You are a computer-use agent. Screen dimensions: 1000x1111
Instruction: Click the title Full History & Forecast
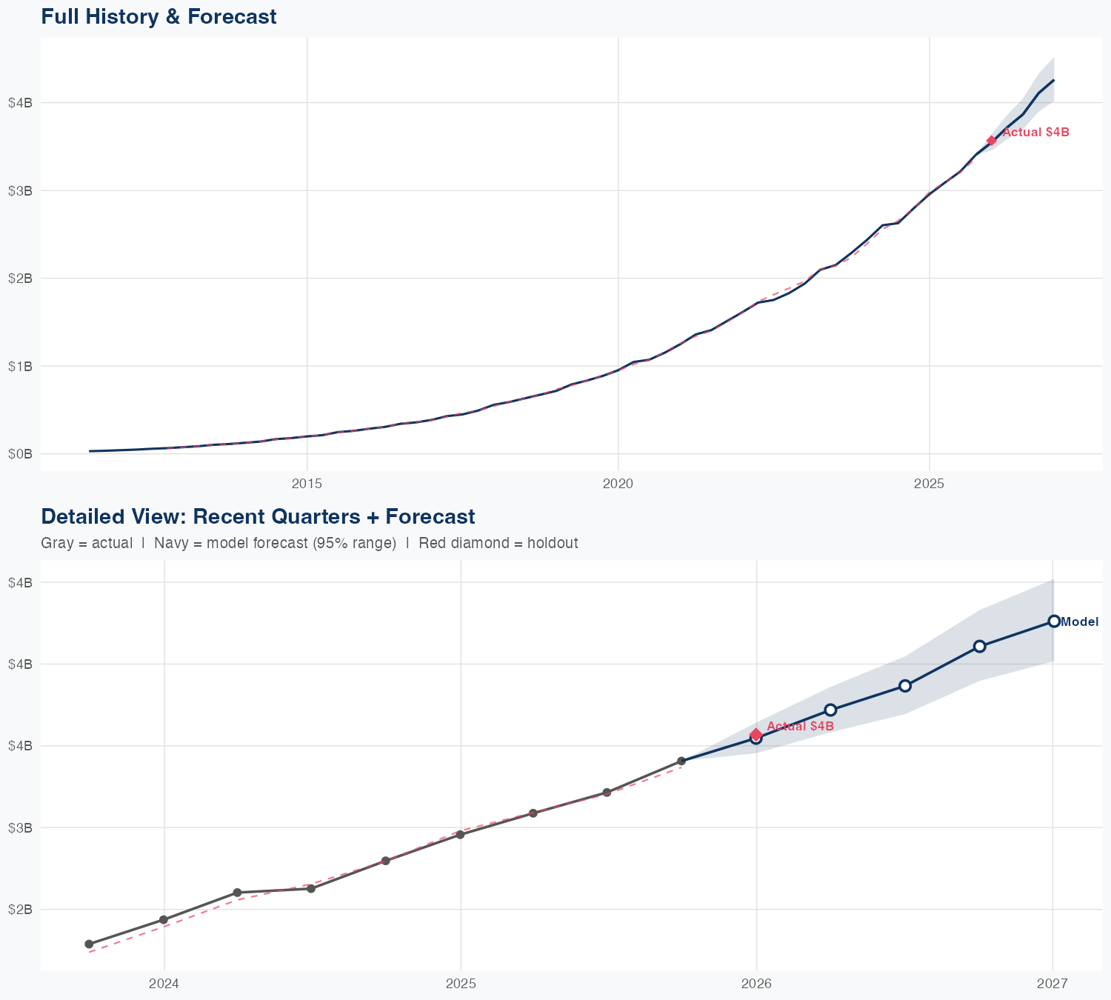159,16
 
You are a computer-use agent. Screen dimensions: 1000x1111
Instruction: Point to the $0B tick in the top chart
20,454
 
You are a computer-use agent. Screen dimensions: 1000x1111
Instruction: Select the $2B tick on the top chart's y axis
20,279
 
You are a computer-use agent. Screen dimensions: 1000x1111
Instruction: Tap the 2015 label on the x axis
307,484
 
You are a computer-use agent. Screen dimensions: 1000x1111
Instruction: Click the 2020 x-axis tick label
618,484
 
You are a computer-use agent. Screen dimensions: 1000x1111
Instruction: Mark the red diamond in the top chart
991,141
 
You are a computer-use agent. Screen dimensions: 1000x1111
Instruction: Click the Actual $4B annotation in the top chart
1035,133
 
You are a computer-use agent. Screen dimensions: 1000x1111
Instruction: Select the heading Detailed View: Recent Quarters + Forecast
258,516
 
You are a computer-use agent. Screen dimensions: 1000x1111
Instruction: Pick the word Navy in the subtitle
170,543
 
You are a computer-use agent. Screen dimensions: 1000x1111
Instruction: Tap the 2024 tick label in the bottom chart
164,984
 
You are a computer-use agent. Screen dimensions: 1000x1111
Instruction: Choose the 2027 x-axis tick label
1052,984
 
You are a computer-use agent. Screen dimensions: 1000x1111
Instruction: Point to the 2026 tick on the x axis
756,984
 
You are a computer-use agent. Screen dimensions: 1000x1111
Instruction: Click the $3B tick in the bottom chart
20,827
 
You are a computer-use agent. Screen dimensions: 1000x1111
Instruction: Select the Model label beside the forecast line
1079,622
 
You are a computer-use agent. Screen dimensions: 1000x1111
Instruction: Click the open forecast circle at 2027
1053,621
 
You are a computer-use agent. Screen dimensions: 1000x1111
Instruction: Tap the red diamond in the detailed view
755,734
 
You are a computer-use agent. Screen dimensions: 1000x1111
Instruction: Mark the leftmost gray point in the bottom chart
89,944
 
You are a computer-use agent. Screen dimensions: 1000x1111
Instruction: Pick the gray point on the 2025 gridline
460,835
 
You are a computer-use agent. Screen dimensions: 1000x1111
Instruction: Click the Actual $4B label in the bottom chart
800,726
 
